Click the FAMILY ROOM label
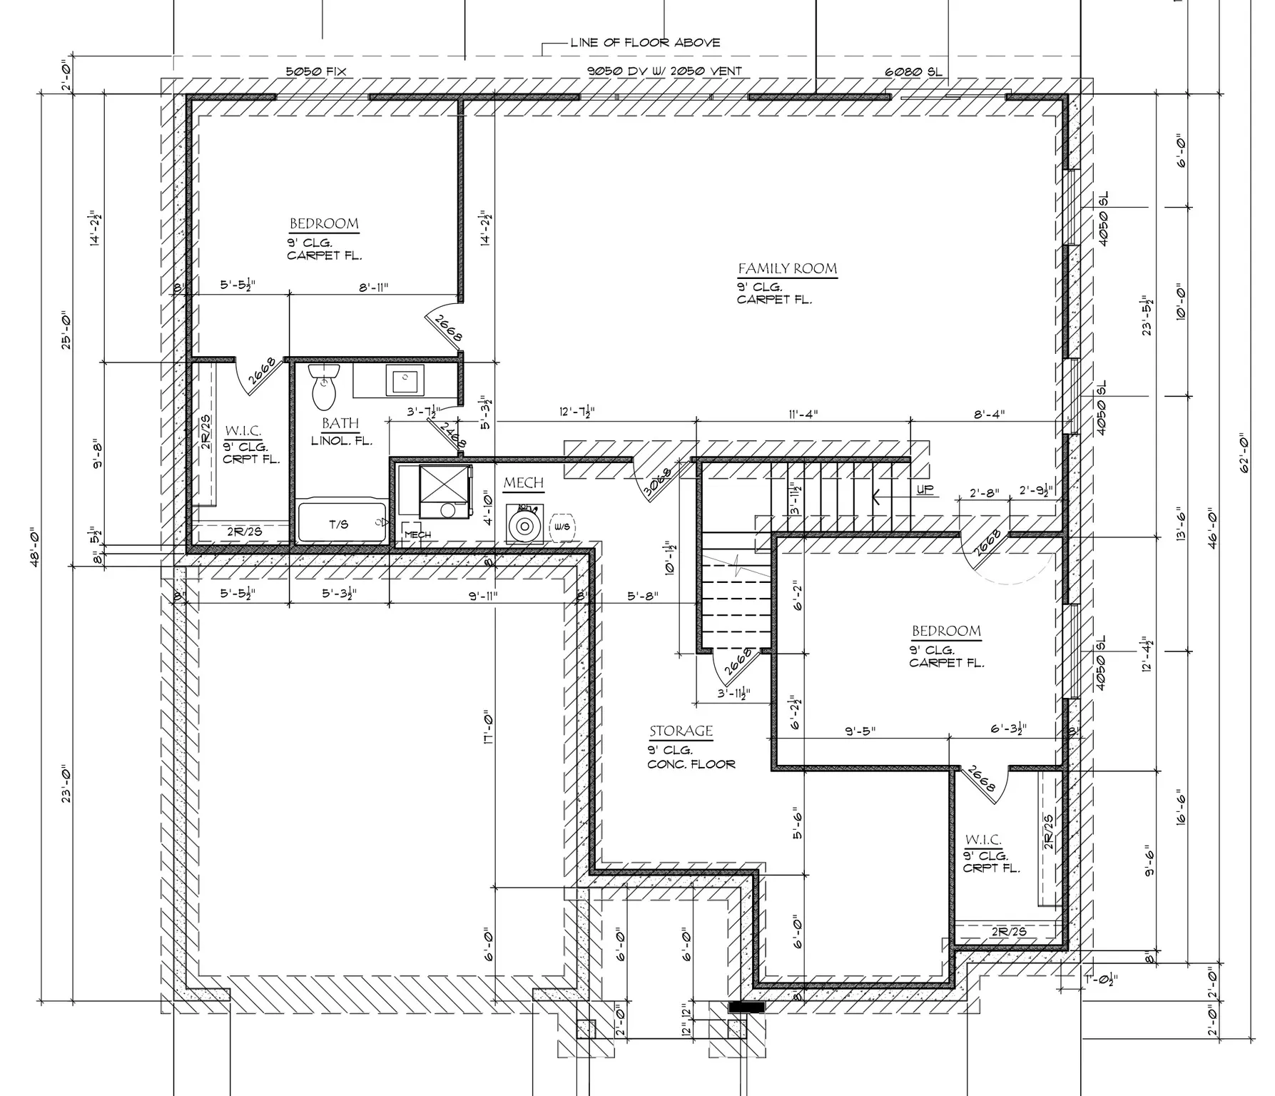tap(787, 269)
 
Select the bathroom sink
tap(405, 380)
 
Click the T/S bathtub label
tap(339, 524)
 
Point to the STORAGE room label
tap(681, 731)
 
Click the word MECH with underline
tap(523, 483)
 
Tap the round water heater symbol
tap(524, 526)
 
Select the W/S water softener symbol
tap(562, 527)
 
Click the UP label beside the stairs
tap(925, 490)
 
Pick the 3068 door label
tap(657, 483)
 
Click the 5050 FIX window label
tap(315, 71)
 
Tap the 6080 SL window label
tap(913, 71)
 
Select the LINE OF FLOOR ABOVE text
tap(645, 42)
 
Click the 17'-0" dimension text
tap(488, 728)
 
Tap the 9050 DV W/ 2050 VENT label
tap(664, 71)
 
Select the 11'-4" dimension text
tap(803, 413)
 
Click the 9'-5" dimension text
tap(860, 731)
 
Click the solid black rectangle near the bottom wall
tap(746, 1007)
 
